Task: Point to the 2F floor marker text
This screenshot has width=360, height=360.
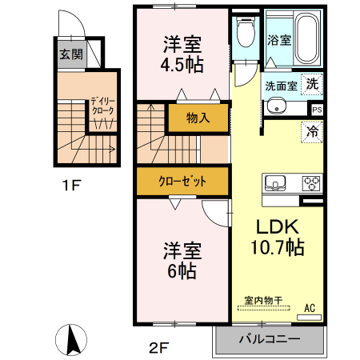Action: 159,346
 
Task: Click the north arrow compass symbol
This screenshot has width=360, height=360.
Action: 73,339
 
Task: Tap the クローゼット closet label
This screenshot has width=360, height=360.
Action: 183,182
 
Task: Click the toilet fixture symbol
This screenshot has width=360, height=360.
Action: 245,34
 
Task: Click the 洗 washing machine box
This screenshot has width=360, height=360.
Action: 313,84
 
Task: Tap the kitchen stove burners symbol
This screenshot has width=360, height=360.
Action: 311,182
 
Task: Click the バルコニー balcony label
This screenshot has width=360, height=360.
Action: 270,340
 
